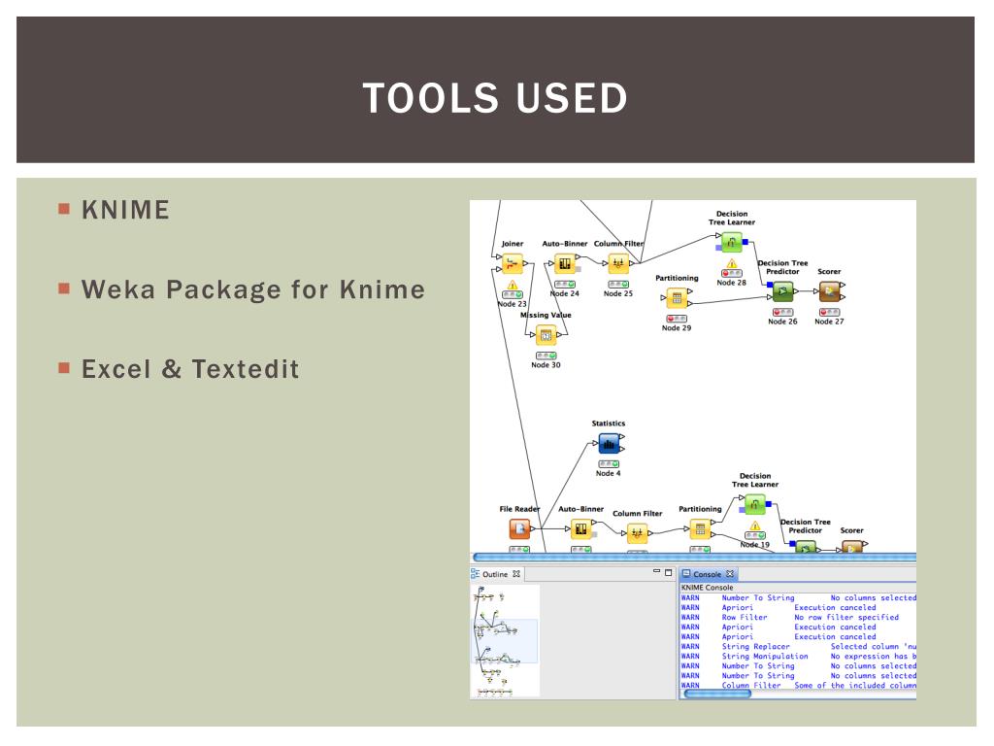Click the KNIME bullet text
125,209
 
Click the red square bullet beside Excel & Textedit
65,369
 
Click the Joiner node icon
513,263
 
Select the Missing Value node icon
546,335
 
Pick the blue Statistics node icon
609,444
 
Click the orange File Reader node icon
520,528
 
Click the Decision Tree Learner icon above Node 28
732,244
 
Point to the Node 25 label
617,293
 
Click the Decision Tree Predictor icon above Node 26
782,289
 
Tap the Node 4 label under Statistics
608,473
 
